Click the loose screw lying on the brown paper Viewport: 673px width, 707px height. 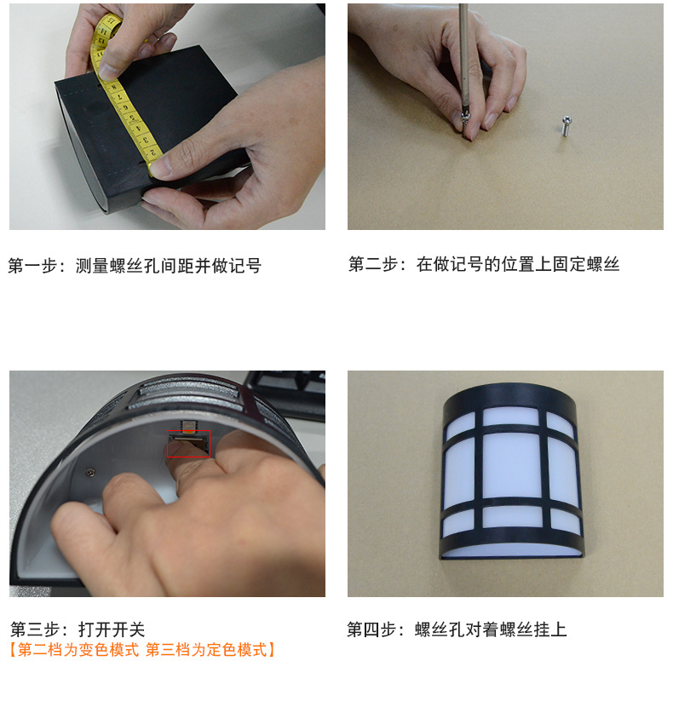click(565, 126)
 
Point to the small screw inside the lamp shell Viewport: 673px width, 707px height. click(90, 472)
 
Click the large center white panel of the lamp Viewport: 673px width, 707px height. click(511, 465)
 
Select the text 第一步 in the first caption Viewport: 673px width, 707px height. click(33, 266)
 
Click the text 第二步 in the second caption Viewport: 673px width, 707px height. click(374, 264)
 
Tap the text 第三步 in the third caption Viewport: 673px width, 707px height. click(35, 629)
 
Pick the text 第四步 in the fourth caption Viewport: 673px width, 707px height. click(371, 629)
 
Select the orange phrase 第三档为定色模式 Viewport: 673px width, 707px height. click(206, 650)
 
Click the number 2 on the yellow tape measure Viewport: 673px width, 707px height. click(152, 152)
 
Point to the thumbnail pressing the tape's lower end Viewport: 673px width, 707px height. click(159, 167)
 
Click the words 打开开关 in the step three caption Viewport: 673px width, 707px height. click(112, 629)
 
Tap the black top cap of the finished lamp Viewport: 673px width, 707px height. click(509, 396)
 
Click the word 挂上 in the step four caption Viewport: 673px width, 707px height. click(549, 629)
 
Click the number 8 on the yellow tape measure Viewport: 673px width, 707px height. click(114, 88)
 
